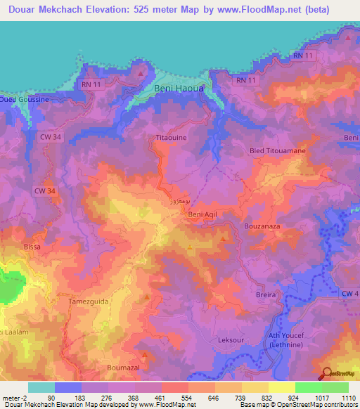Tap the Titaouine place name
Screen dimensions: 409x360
click(171, 138)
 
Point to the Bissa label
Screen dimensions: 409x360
click(32, 247)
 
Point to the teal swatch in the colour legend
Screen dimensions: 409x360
click(41, 387)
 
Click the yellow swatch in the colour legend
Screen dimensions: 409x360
click(282, 387)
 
